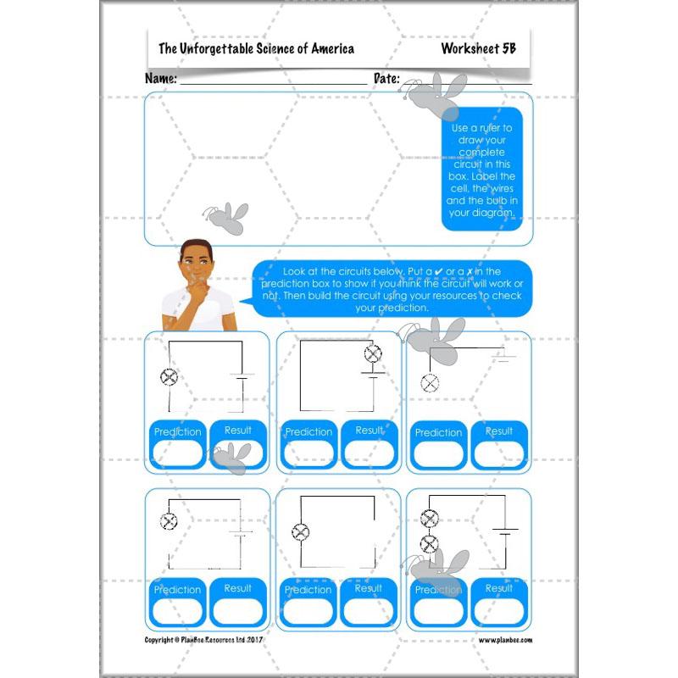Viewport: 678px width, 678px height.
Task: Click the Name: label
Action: click(x=161, y=78)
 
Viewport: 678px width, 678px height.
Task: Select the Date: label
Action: click(x=386, y=78)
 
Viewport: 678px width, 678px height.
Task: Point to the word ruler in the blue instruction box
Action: click(x=490, y=128)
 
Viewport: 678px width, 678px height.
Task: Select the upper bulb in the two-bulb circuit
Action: click(x=430, y=520)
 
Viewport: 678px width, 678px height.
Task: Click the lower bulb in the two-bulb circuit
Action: click(x=430, y=542)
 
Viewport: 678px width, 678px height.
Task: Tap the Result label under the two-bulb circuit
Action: click(x=498, y=587)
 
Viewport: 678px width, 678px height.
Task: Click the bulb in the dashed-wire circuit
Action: click(x=168, y=521)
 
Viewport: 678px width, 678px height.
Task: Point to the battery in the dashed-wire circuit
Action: click(x=241, y=534)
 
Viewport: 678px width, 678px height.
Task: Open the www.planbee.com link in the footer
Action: click(x=505, y=640)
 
